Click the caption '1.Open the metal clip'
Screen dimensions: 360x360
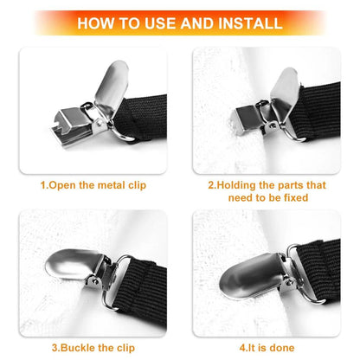93,185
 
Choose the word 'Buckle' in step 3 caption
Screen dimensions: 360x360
80,348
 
